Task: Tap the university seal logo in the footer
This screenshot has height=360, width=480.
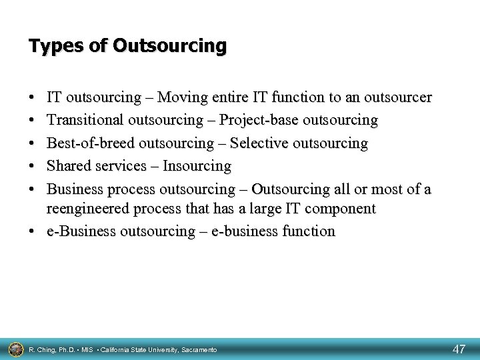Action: click(x=13, y=348)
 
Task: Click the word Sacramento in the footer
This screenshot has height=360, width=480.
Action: click(x=198, y=349)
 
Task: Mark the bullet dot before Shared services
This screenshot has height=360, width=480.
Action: click(x=33, y=165)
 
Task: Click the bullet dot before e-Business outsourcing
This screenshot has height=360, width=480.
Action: click(x=33, y=231)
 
